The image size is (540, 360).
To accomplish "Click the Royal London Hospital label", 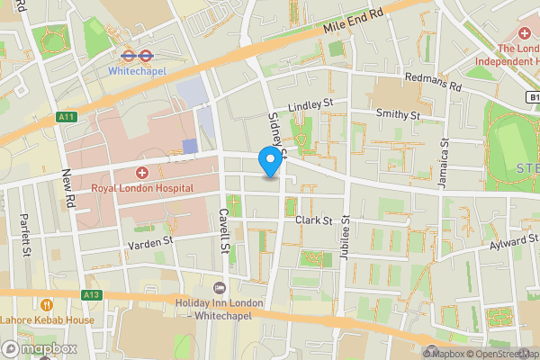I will [x=142, y=188].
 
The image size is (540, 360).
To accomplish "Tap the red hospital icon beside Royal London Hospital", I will [x=141, y=172].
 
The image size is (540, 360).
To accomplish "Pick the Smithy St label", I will [x=398, y=115].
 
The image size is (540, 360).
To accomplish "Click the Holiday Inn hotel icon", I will [x=219, y=287].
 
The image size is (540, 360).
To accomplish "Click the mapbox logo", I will [x=40, y=348].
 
